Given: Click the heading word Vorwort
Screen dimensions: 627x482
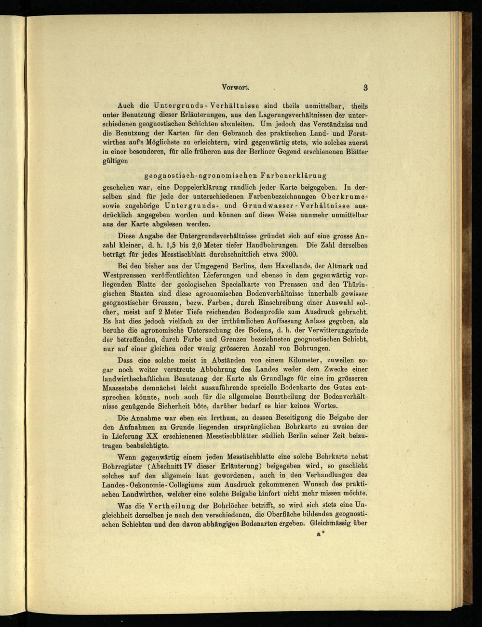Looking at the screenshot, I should coord(235,87).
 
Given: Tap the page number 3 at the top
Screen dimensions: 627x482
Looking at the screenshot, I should coord(366,87).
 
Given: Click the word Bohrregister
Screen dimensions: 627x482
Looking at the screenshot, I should coord(124,466).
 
